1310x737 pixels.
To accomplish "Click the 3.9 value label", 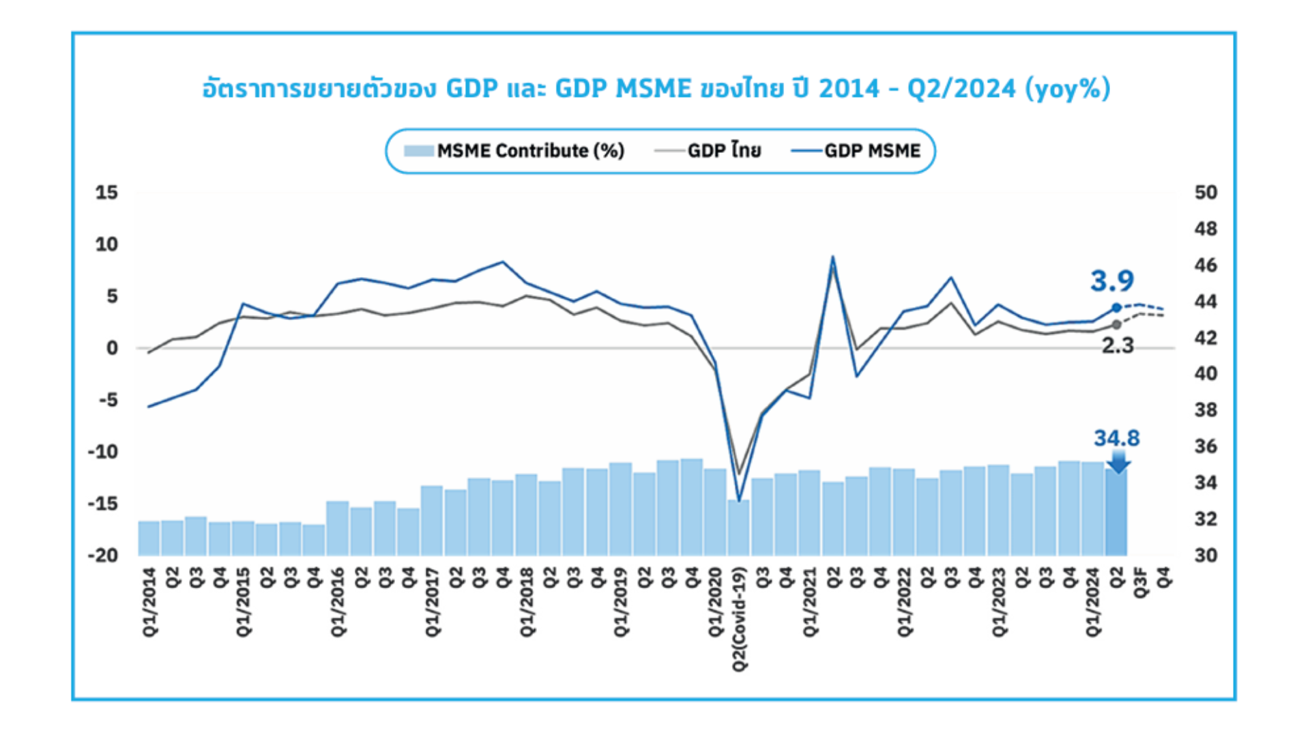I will tap(1112, 280).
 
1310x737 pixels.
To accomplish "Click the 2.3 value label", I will tap(1118, 345).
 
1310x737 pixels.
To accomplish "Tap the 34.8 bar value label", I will tap(1116, 438).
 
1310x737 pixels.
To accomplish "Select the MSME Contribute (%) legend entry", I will tap(514, 151).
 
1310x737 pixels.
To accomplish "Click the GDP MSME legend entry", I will tap(856, 151).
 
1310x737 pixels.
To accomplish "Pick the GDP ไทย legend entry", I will tap(708, 151).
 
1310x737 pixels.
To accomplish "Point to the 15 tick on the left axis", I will tap(106, 192).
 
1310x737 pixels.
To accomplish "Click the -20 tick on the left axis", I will tap(103, 555).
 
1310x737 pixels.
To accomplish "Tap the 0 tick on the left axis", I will tap(112, 348).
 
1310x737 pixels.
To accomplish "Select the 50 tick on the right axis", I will tap(1206, 192).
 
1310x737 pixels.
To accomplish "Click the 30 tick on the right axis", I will tap(1206, 555).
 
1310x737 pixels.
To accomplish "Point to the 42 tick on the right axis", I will tap(1206, 338).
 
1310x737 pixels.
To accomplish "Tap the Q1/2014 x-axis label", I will tap(149, 603).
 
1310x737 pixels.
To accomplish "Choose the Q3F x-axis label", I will tap(1140, 582).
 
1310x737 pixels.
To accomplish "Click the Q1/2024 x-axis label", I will tap(1093, 603).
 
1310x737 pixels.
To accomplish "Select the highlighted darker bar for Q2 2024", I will tap(1116, 512).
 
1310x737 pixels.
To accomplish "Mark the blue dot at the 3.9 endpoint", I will tap(1116, 308).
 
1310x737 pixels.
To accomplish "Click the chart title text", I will tap(656, 89).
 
